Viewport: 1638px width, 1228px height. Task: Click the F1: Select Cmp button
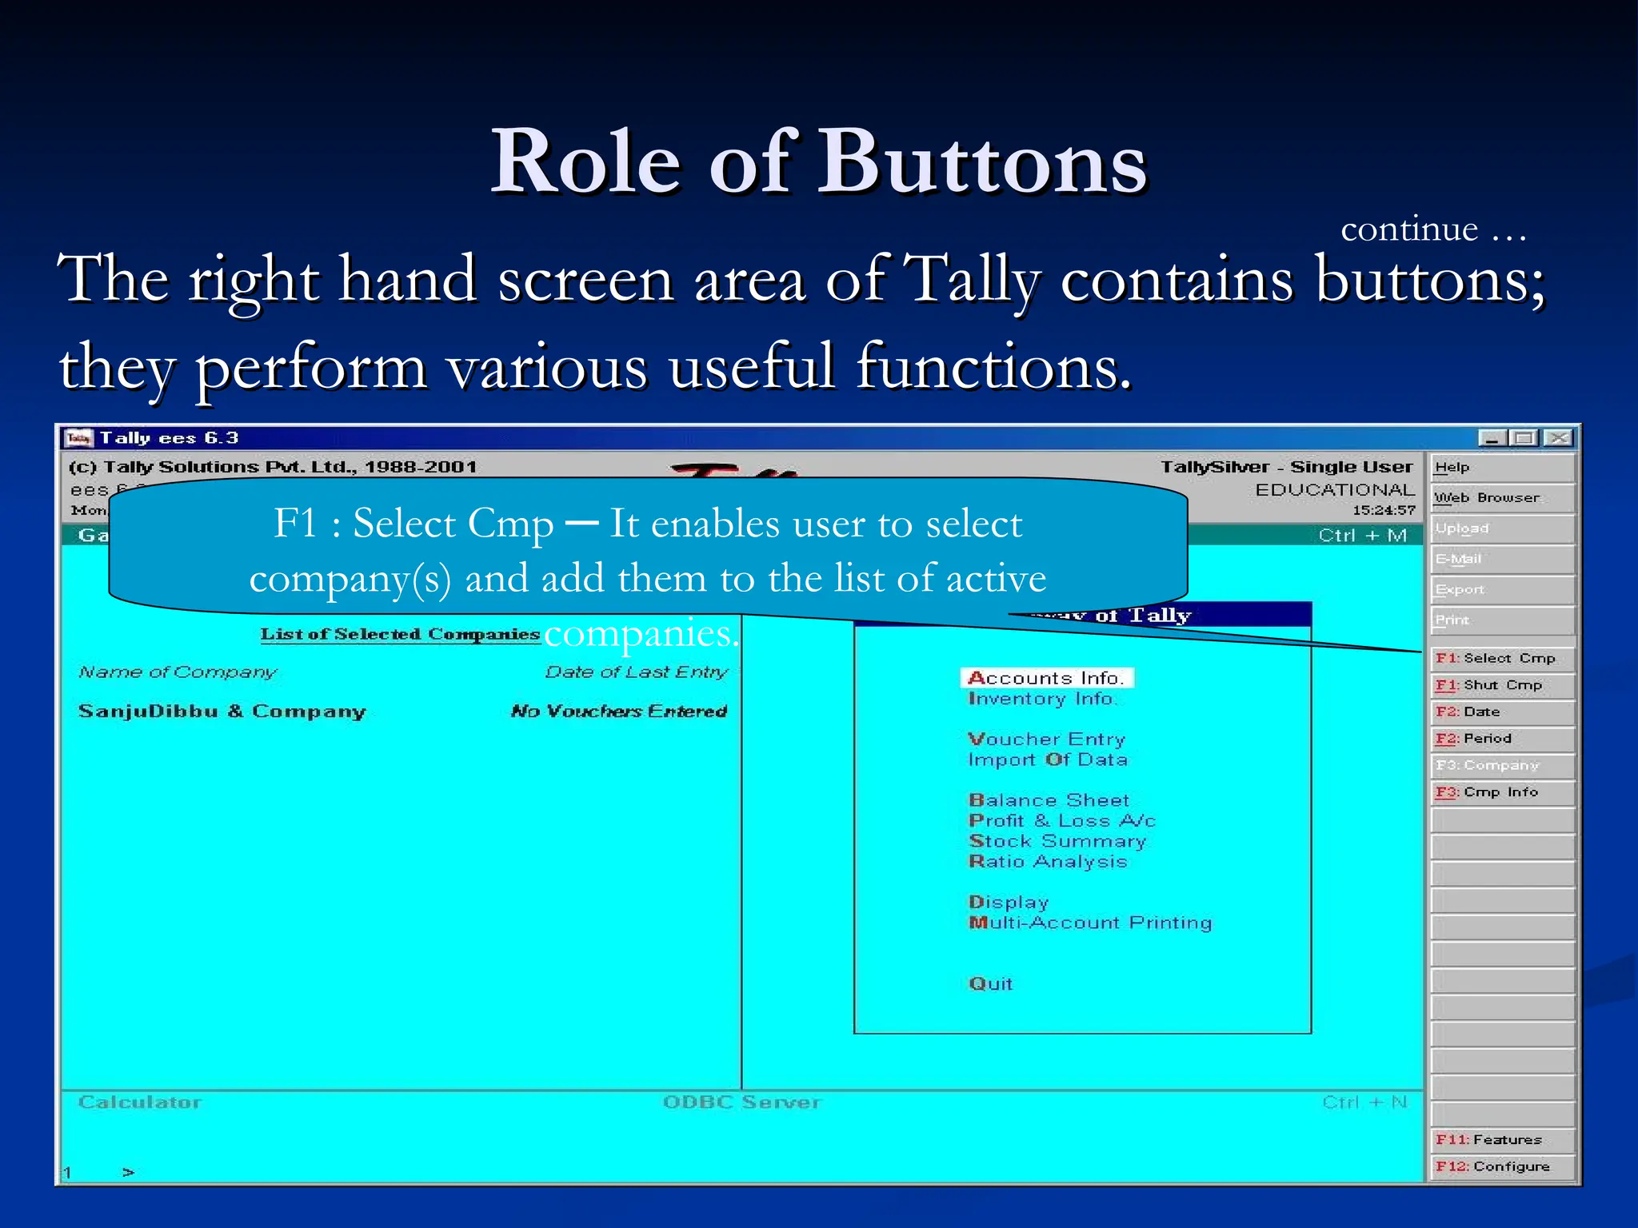pyautogui.click(x=1502, y=658)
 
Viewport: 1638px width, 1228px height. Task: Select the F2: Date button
pyautogui.click(x=1502, y=712)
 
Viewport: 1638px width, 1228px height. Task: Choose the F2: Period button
pyautogui.click(x=1502, y=739)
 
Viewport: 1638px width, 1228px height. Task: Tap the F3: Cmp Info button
pyautogui.click(x=1502, y=792)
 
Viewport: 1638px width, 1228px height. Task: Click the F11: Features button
pyautogui.click(x=1502, y=1139)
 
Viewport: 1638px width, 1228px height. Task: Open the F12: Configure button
pyautogui.click(x=1502, y=1166)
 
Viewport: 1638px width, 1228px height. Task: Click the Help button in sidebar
pyautogui.click(x=1502, y=468)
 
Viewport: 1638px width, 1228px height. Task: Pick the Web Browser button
pyautogui.click(x=1502, y=497)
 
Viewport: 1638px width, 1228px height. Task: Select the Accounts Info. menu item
pyautogui.click(x=1046, y=678)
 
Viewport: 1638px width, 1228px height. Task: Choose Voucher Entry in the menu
pyautogui.click(x=1046, y=739)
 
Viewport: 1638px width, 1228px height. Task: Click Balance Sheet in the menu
pyautogui.click(x=1049, y=800)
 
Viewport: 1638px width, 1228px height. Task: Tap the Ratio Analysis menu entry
pyautogui.click(x=1048, y=862)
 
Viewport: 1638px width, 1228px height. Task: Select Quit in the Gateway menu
pyautogui.click(x=990, y=984)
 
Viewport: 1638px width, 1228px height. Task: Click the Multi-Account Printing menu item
pyautogui.click(x=1090, y=923)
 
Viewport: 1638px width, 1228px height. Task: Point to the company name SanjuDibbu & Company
pyautogui.click(x=222, y=712)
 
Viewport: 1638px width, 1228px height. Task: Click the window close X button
pyautogui.click(x=1558, y=438)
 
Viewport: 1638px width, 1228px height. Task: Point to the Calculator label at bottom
pyautogui.click(x=140, y=1102)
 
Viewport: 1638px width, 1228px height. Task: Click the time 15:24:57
pyautogui.click(x=1383, y=510)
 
